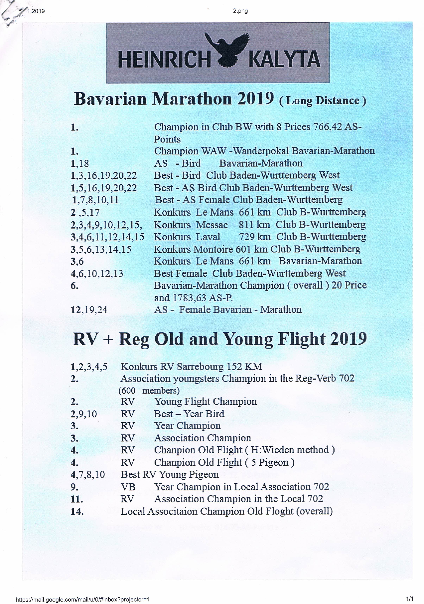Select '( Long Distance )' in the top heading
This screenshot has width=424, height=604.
tap(323, 101)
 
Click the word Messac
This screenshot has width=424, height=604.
tap(212, 225)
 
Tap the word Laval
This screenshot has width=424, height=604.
tap(208, 237)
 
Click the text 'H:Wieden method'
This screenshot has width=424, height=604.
tap(290, 450)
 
